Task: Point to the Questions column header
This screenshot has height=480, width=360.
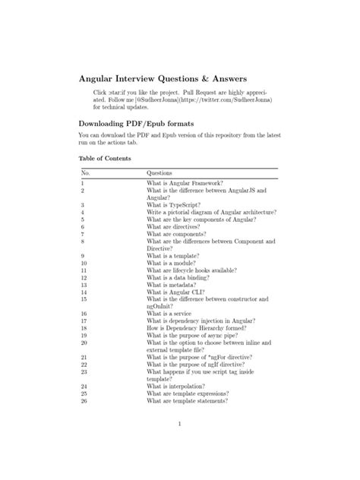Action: point(159,173)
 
